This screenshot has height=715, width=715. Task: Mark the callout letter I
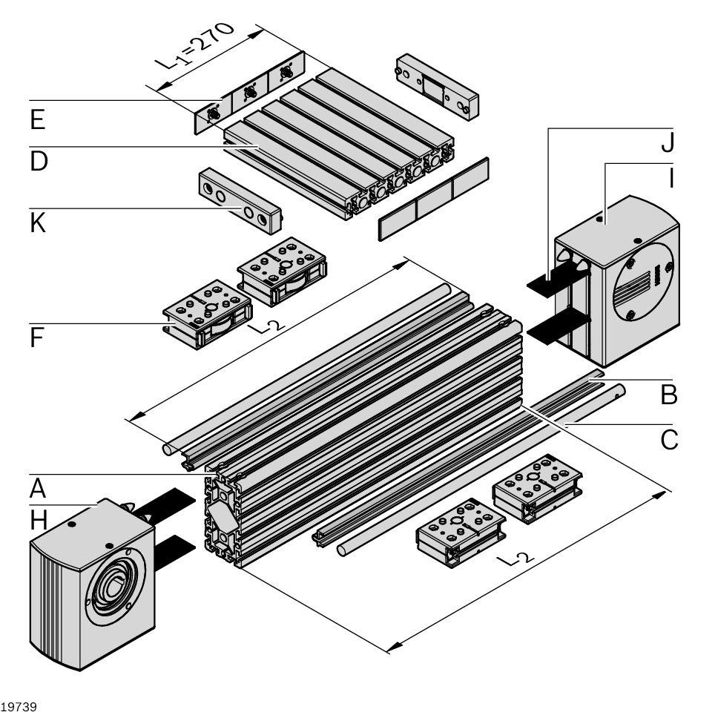669,179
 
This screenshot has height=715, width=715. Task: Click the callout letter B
669,395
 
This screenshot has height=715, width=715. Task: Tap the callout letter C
669,440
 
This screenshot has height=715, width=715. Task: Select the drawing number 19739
18,705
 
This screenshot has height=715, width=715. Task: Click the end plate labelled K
238,200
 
